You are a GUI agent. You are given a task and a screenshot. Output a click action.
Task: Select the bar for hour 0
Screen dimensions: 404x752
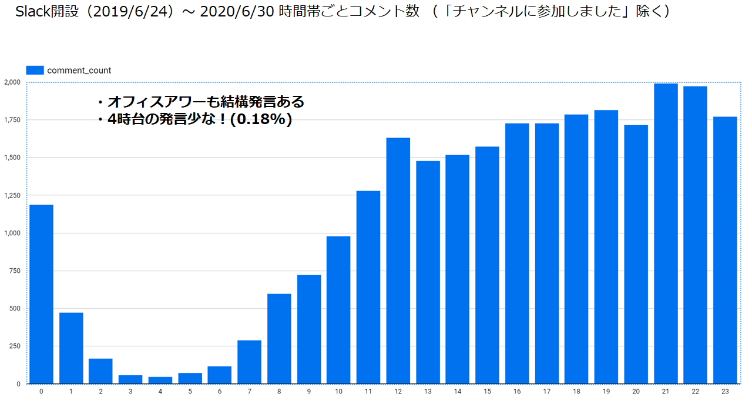[41, 294]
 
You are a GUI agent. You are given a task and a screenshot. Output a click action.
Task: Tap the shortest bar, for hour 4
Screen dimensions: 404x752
[160, 380]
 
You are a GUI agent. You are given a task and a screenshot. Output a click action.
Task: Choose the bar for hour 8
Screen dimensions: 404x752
[279, 339]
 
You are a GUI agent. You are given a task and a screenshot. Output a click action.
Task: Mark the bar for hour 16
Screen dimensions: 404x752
[517, 253]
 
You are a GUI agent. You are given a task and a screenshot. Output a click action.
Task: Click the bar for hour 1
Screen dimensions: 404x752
[71, 348]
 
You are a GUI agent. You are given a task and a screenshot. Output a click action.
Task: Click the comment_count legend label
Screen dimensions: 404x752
[79, 71]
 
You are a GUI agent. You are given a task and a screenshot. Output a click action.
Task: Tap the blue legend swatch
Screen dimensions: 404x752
[35, 70]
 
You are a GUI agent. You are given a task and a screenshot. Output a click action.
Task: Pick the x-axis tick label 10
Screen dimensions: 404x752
[338, 392]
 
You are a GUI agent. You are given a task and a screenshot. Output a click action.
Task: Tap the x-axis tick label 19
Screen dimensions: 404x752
[606, 392]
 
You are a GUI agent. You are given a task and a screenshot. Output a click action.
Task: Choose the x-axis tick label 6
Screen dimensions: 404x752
[219, 392]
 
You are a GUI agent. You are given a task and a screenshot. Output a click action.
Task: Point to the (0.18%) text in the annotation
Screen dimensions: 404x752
[262, 120]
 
